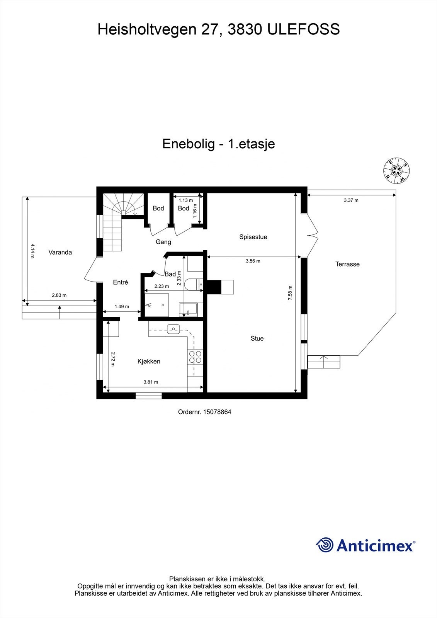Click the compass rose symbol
(396, 171)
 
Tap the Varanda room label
(60, 252)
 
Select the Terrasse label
(347, 264)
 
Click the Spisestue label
(253, 237)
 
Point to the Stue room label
(257, 338)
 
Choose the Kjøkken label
(149, 362)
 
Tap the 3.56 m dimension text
(253, 261)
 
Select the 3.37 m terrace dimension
(351, 200)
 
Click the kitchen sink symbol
(173, 329)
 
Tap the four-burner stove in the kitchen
(195, 357)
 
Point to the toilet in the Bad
(193, 284)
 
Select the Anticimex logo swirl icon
(325, 545)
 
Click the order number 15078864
(218, 412)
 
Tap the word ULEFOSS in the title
(303, 29)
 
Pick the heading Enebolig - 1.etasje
(218, 144)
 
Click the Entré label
(120, 282)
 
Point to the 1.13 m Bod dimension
(185, 200)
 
